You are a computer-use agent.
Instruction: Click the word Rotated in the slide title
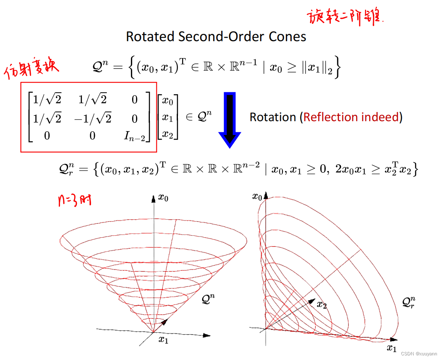coord(151,37)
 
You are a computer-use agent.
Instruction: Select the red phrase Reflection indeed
coord(351,117)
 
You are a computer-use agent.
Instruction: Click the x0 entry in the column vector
coord(168,101)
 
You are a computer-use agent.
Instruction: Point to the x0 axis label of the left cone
coord(163,198)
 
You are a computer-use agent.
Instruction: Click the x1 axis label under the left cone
coord(164,340)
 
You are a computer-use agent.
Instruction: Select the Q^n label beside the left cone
coord(209,299)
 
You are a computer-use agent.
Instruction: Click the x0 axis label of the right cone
coord(257,197)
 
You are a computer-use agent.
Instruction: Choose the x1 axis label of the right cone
coord(391,348)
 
